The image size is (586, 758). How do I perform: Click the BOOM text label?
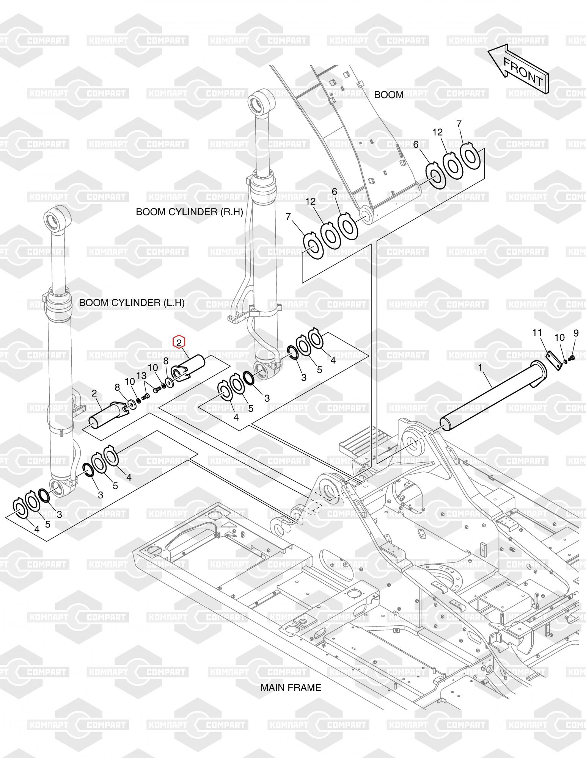click(x=389, y=95)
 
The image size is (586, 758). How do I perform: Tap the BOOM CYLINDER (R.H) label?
click(x=189, y=212)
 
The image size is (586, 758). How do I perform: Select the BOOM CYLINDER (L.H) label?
click(x=132, y=303)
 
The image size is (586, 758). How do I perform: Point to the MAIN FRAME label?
click(x=291, y=687)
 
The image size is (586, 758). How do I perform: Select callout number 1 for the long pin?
click(x=480, y=367)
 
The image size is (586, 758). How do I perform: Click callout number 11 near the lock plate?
click(x=537, y=333)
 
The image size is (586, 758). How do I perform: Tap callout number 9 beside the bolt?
click(x=576, y=333)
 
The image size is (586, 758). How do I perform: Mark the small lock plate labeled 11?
click(x=554, y=360)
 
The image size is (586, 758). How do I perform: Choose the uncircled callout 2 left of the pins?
click(x=94, y=393)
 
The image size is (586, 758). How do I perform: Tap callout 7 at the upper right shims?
click(x=459, y=124)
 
